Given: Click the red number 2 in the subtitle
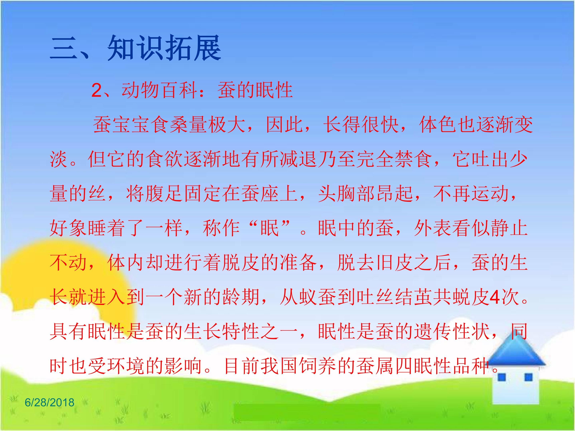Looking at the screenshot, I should coord(97,91).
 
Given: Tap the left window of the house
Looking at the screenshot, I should coord(502,377).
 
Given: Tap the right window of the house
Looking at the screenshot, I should coord(529,377).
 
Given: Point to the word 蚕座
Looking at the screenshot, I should coord(261,194).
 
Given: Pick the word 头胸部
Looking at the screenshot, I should coord(347,194).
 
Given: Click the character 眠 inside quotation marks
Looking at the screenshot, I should coord(270,228).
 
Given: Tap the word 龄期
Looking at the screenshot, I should coord(241,297).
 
